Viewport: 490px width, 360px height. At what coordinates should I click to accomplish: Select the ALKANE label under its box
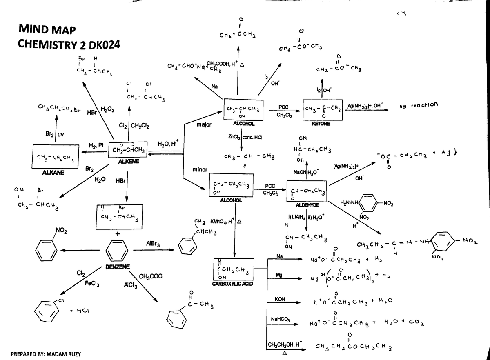click(53, 173)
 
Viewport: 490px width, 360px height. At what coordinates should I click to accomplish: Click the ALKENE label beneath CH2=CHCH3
click(128, 162)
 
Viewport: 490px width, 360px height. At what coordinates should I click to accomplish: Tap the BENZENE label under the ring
click(118, 267)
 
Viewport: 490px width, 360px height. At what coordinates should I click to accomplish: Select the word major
click(203, 124)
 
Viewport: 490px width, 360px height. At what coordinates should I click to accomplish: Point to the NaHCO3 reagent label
click(281, 318)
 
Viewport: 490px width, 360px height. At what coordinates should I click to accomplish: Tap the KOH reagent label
click(280, 299)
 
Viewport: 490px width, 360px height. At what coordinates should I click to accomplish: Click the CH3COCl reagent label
click(151, 276)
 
